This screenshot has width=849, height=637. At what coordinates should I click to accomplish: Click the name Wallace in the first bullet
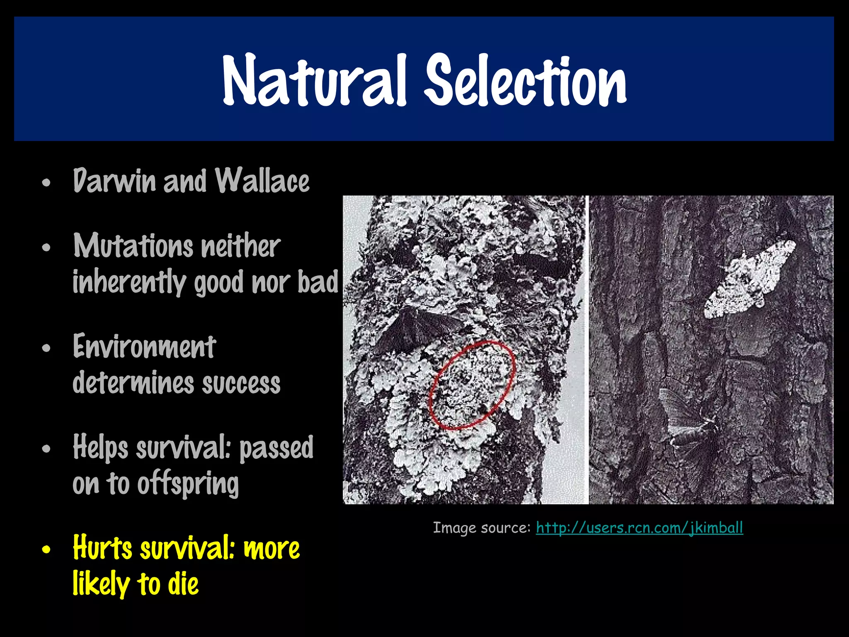pyautogui.click(x=262, y=181)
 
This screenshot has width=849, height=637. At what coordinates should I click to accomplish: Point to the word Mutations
pyautogui.click(x=133, y=246)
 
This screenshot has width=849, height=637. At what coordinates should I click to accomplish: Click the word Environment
pyautogui.click(x=144, y=347)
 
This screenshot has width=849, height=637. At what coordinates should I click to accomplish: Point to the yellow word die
pyautogui.click(x=183, y=584)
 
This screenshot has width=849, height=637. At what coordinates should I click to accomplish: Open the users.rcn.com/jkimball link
pyautogui.click(x=639, y=528)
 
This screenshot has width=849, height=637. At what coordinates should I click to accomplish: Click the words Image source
pyautogui.click(x=481, y=528)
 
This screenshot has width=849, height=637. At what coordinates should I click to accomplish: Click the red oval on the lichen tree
pyautogui.click(x=472, y=384)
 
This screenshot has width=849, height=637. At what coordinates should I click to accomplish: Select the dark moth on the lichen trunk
pyautogui.click(x=415, y=330)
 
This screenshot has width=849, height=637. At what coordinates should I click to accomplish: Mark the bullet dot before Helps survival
pyautogui.click(x=46, y=449)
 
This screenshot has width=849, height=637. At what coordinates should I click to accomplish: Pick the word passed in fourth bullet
pyautogui.click(x=276, y=448)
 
